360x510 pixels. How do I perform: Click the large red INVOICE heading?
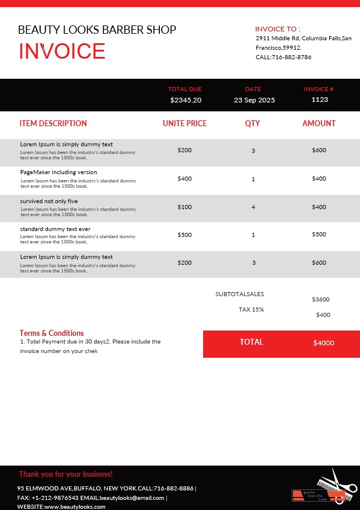tap(62, 52)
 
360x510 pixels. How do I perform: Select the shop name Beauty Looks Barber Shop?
tap(97, 30)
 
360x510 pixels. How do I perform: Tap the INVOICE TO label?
tap(278, 28)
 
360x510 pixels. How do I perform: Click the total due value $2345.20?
tap(185, 100)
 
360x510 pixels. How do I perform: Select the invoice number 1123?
tap(319, 100)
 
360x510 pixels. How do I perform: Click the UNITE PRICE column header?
tap(185, 124)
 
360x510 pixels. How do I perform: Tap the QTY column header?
tap(253, 124)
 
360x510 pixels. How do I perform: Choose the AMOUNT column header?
tap(319, 124)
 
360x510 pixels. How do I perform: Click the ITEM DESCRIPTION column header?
tap(53, 124)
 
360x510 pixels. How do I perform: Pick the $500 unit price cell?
tap(185, 235)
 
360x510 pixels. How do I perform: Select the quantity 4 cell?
tap(253, 207)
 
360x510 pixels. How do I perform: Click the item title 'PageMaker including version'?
tap(59, 172)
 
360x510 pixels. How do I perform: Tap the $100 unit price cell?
tap(185, 207)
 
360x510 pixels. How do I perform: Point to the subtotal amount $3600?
tap(320, 300)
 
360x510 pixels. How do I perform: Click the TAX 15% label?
tap(251, 309)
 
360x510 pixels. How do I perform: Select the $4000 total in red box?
tap(323, 343)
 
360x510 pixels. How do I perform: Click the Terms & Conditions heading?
tap(52, 333)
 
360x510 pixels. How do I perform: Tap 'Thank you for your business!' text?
tap(66, 474)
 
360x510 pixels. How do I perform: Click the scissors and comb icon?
tap(335, 486)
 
